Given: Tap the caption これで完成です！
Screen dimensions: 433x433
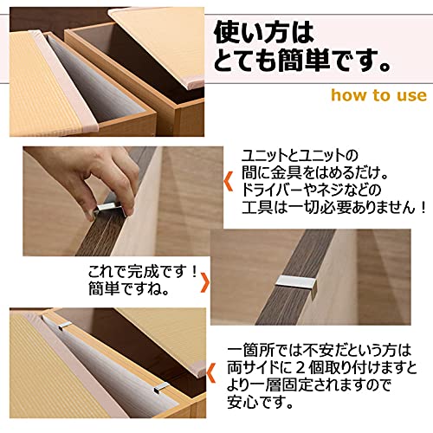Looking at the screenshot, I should pyautogui.click(x=141, y=273).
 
